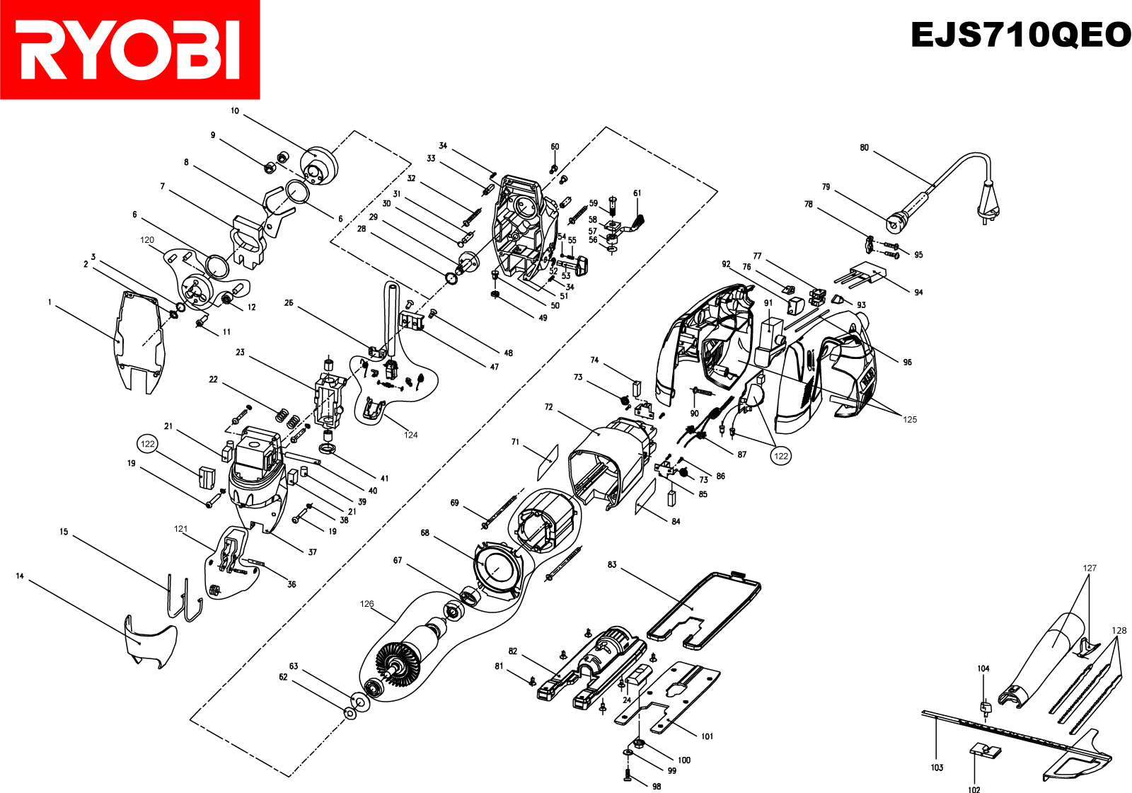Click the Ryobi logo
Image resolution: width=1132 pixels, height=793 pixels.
pos(129,50)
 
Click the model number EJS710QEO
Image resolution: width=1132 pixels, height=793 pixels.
pos(1020,35)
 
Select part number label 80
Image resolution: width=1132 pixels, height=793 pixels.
pos(864,148)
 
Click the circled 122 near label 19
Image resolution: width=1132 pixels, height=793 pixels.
pos(148,444)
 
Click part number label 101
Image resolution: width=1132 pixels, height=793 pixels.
pos(707,736)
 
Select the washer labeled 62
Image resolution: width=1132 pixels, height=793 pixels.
pos(350,712)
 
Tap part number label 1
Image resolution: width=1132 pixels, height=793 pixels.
pos(50,302)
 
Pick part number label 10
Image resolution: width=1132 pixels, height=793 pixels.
pos(235,111)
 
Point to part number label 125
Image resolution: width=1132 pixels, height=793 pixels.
pos(910,419)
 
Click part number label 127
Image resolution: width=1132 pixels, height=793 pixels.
pos(1090,568)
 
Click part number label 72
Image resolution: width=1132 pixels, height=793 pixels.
pos(549,407)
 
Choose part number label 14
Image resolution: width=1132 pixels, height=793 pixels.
pos(20,576)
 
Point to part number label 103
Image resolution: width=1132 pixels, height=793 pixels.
pos(937,768)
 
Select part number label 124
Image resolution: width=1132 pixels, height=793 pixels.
pos(411,435)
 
